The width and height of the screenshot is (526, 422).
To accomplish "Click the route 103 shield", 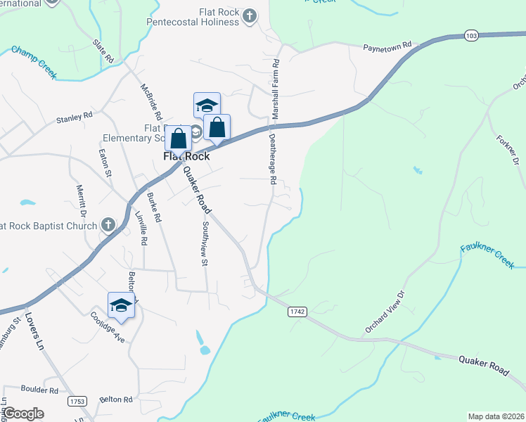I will pos(471,34).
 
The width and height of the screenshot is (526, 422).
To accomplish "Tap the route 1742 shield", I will pos(297,311).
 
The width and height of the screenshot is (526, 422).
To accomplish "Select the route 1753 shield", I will pos(77,401).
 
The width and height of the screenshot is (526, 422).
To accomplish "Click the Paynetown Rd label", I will pos(386,48).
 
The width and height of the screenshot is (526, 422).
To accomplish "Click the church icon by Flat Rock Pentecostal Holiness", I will pos(249,15).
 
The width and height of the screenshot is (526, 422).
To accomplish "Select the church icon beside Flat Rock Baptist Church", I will pos(108,225).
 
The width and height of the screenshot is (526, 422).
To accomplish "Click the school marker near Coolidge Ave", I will pos(121,305).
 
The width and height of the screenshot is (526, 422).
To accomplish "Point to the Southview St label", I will pos(205,245).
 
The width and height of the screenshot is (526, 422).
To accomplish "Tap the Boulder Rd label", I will pos(39,389).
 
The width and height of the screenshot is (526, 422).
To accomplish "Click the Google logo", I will pos(24,413).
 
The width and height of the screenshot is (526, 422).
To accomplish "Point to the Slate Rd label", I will pos(103,53).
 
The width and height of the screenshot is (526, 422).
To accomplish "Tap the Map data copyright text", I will pos(496,416).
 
